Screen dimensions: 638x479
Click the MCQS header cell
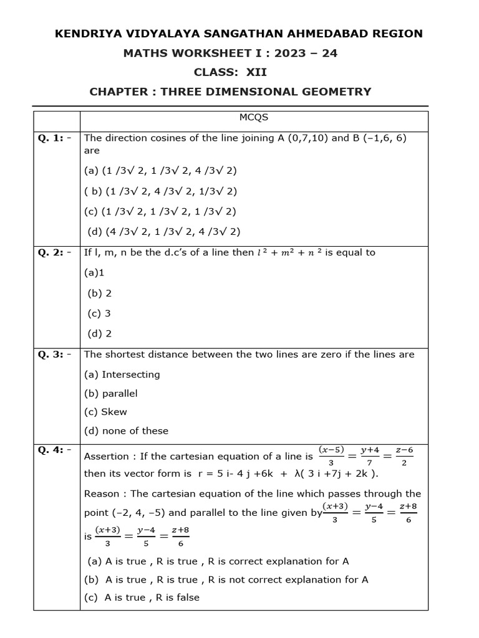[253, 117]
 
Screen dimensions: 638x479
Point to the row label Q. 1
[54, 138]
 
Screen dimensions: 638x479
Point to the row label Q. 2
[54, 252]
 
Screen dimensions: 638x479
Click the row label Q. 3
[54, 355]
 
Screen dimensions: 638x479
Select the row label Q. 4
[54, 449]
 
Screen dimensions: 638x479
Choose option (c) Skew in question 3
[105, 412]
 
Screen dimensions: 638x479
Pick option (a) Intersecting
[122, 374]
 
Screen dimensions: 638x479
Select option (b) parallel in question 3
[111, 394]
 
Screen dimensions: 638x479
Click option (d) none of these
[126, 431]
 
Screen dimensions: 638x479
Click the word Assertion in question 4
[107, 456]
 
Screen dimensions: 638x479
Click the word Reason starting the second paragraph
[102, 493]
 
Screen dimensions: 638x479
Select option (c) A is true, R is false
[142, 597]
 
